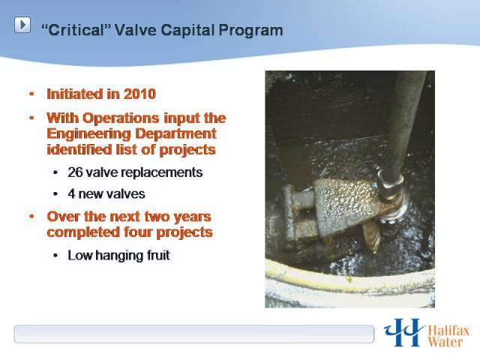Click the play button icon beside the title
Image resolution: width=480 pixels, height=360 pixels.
click(22, 25)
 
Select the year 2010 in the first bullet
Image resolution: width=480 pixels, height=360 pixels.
click(139, 94)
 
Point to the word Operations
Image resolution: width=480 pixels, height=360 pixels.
click(121, 118)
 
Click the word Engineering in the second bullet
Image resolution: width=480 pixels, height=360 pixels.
click(89, 134)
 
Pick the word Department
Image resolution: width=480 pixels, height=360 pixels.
click(176, 133)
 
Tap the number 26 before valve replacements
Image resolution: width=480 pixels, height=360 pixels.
click(75, 172)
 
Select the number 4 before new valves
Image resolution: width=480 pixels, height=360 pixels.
click(71, 193)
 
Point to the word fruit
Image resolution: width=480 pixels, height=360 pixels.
click(158, 255)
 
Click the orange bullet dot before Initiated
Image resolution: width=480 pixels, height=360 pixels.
click(31, 94)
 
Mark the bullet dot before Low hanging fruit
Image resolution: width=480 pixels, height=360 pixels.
click(55, 255)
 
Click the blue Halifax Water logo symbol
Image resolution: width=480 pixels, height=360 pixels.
click(403, 332)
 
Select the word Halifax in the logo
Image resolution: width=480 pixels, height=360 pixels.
click(448, 331)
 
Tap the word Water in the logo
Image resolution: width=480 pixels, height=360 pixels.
click(445, 342)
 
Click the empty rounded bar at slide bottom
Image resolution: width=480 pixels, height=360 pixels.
click(194, 334)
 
